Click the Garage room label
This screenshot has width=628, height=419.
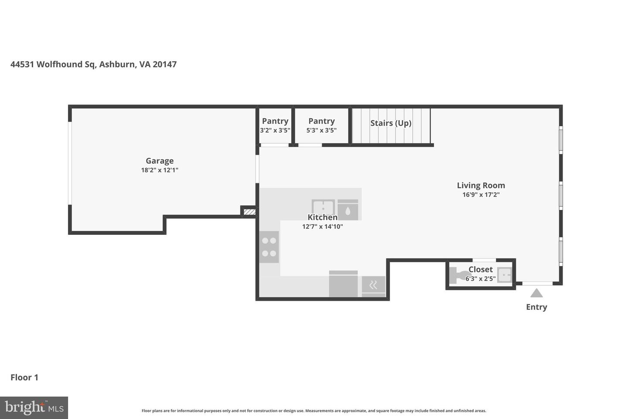click(160, 161)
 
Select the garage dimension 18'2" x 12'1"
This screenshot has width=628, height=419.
click(160, 170)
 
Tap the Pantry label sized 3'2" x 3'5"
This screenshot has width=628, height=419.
click(275, 121)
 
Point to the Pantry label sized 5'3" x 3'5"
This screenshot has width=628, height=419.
click(321, 121)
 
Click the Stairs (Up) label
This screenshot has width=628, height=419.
click(391, 123)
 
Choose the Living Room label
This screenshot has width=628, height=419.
click(481, 185)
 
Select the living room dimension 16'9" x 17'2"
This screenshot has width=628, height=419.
click(481, 195)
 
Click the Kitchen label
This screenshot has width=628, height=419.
click(322, 217)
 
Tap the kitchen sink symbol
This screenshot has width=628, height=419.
click(323, 207)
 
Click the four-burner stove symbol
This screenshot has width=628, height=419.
click(269, 247)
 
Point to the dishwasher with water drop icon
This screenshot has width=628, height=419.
click(348, 210)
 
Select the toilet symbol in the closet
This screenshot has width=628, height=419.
click(459, 275)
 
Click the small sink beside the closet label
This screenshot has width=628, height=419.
click(505, 275)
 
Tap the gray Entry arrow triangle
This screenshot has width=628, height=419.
click(536, 293)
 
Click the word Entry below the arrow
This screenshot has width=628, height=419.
click(536, 307)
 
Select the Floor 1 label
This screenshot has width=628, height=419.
click(24, 378)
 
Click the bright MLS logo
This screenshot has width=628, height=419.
click(34, 408)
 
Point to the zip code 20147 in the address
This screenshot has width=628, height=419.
click(164, 65)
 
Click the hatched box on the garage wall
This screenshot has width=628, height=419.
click(249, 212)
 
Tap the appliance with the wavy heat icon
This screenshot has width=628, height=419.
click(373, 285)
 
